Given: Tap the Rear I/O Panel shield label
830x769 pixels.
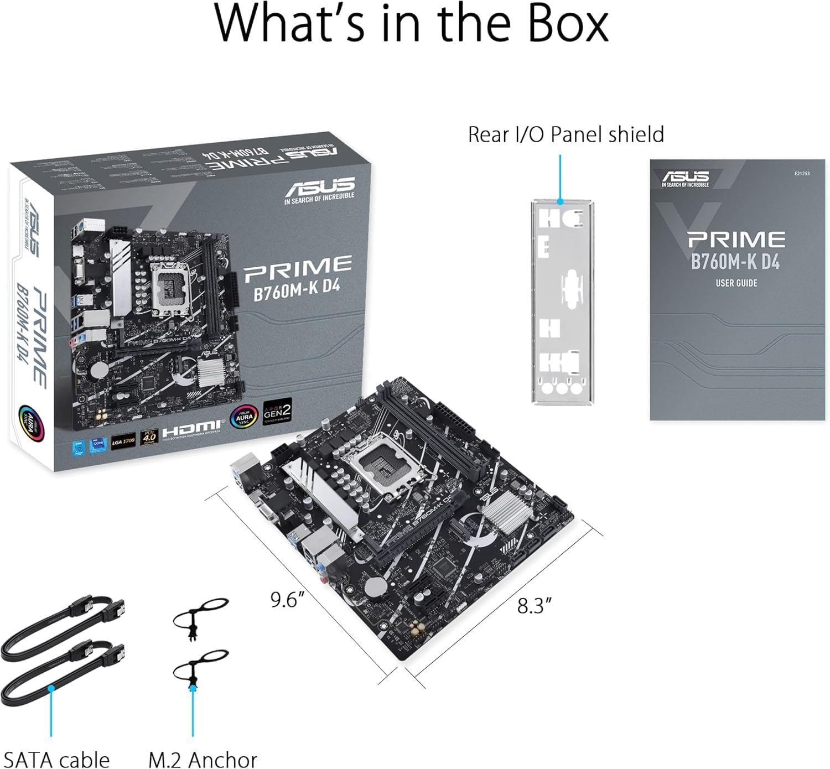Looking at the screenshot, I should click(x=566, y=134).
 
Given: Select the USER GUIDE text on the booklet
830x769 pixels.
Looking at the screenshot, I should click(x=736, y=283).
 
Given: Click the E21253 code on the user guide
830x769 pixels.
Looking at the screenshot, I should click(x=801, y=174).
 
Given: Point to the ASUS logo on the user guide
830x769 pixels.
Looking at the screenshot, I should click(x=685, y=178).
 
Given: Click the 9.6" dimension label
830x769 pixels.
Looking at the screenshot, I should click(x=288, y=600).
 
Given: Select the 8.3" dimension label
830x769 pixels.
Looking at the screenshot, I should click(x=534, y=606).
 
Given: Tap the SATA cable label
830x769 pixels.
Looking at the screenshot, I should click(x=56, y=759).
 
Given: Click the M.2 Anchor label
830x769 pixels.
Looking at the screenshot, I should click(x=203, y=759).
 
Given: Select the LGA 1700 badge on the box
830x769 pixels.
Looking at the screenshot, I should click(x=123, y=440).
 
